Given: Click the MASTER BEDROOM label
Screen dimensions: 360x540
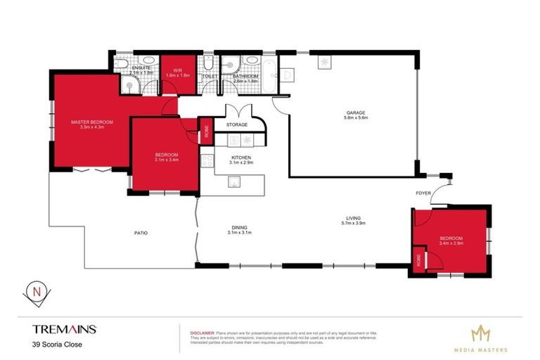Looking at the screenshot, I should click(92, 122).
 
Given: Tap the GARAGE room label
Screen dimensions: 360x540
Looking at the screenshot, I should click(354, 112).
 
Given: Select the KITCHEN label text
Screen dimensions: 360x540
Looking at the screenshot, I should click(240, 157).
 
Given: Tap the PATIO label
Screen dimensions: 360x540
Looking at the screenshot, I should click(141, 233).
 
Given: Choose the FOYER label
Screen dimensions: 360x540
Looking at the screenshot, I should click(422, 191).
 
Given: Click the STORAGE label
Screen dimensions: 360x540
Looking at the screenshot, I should click(236, 125).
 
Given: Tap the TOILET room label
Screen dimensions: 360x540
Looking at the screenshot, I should click(210, 76).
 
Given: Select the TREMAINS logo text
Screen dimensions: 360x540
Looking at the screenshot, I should click(64, 328).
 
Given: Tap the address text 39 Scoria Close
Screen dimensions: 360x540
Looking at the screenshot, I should click(55, 344).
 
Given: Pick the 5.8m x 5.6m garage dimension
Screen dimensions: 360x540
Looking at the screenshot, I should click(354, 118).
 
